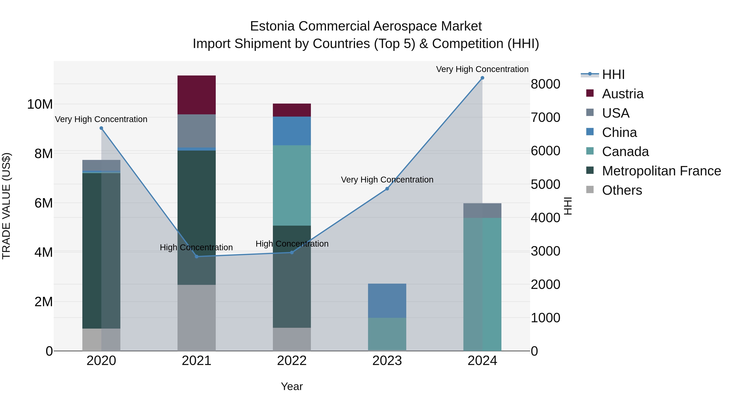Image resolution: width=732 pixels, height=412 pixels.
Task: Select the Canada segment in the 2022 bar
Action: [x=292, y=185]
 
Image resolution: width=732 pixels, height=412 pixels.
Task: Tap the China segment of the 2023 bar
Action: [x=387, y=300]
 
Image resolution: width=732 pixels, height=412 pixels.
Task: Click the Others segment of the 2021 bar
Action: [x=196, y=318]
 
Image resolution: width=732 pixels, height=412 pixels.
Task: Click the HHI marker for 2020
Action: [x=101, y=128]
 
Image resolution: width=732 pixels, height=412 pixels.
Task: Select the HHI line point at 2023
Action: [x=387, y=189]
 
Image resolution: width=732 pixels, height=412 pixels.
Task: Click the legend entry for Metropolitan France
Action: [x=661, y=171]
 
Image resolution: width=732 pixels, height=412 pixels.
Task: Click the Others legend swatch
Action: [x=590, y=190]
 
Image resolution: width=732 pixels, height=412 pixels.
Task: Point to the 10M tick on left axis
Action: [x=40, y=104]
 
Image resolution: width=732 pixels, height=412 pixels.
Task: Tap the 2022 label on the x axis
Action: [x=292, y=361]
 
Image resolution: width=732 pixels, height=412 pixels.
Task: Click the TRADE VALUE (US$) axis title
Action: [x=6, y=206]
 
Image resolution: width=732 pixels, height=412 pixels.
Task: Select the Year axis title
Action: [x=292, y=386]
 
